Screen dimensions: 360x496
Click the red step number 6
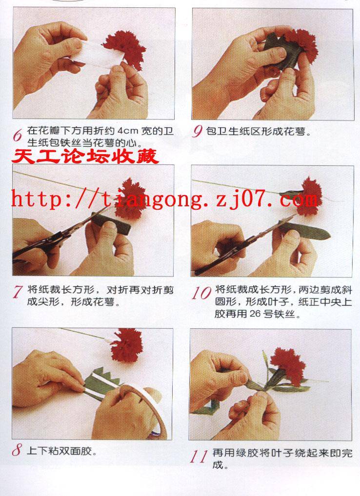click(x=18, y=136)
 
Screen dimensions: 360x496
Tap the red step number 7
click(x=18, y=292)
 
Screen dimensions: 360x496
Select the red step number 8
click(x=18, y=450)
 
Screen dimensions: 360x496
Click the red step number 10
click(x=201, y=293)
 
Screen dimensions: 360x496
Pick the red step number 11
click(x=199, y=456)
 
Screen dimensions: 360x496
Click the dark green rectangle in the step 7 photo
click(x=111, y=223)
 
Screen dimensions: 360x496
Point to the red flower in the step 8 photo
click(x=126, y=345)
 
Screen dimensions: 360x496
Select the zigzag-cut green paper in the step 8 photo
click(x=102, y=384)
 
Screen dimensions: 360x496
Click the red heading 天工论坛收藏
click(x=85, y=156)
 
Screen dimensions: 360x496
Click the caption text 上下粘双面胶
click(x=61, y=450)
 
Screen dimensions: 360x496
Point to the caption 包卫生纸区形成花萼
click(x=258, y=131)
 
